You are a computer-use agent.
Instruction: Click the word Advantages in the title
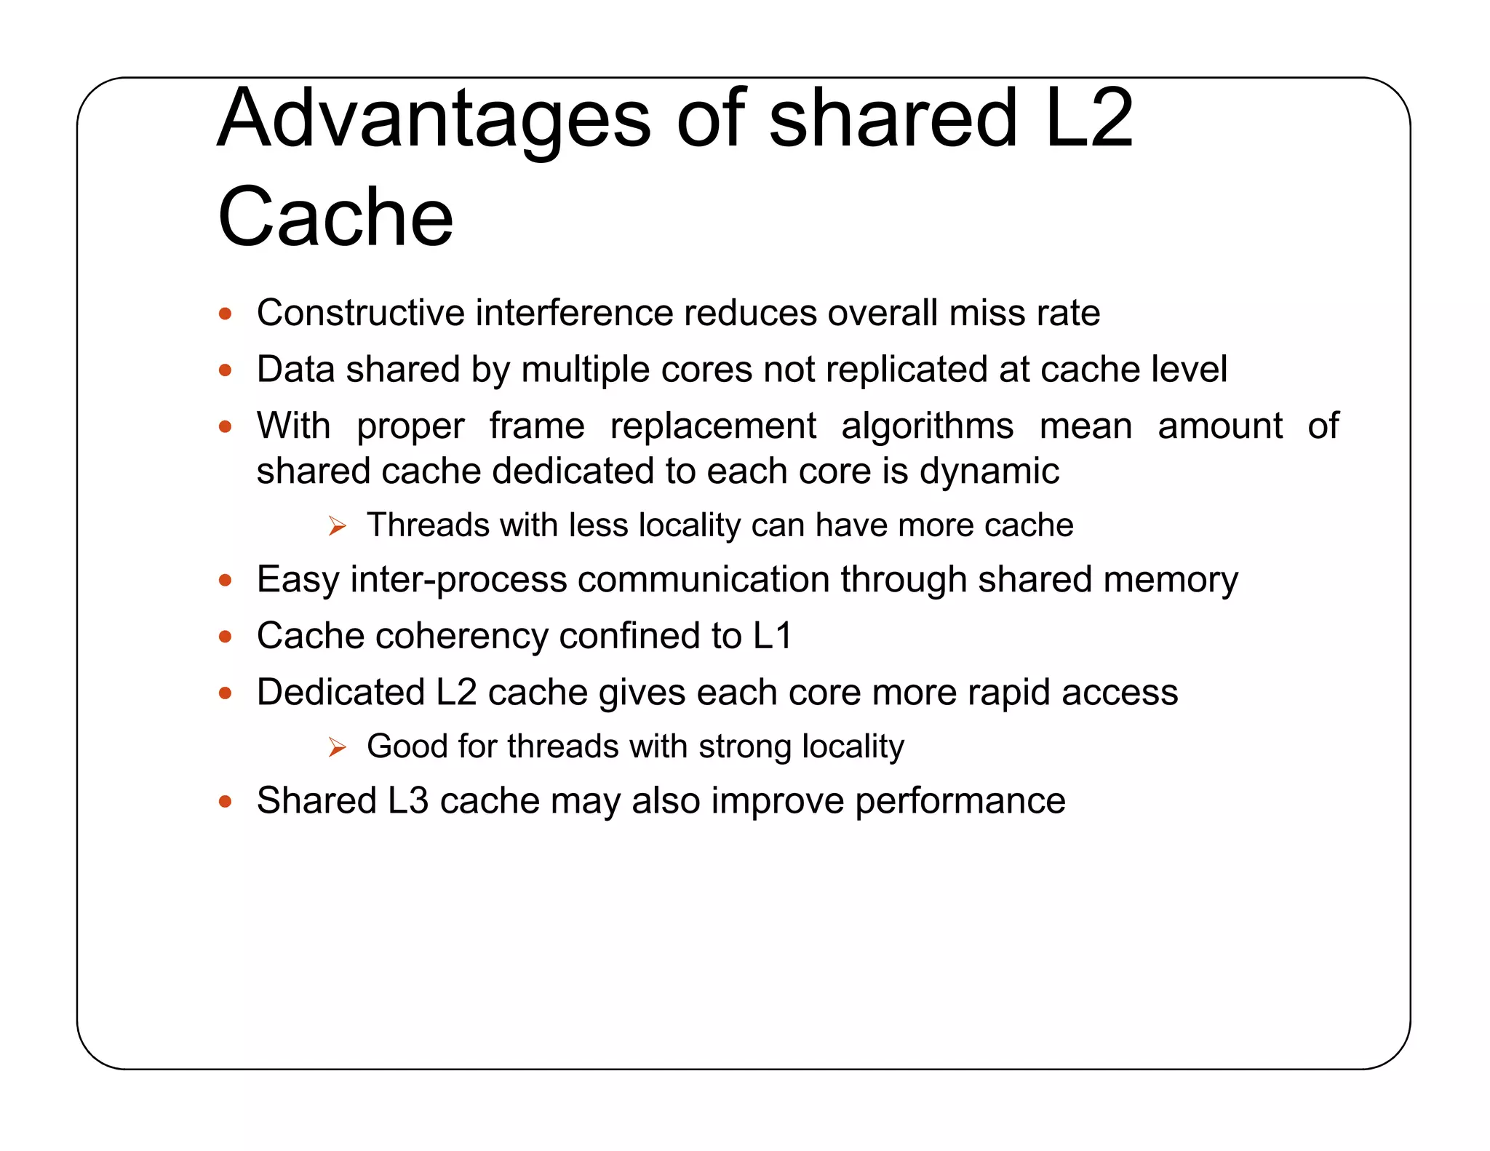point(434,119)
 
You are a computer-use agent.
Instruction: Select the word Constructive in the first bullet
point(360,313)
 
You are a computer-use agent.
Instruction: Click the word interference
point(574,313)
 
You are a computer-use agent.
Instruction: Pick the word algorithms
point(927,426)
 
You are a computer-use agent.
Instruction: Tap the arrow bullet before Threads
point(337,525)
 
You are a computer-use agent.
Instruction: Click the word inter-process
point(458,580)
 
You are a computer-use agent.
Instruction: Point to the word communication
point(704,580)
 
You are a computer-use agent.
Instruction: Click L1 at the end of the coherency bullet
point(772,636)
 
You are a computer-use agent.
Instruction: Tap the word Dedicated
point(340,692)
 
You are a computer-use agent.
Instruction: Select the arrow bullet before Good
point(337,746)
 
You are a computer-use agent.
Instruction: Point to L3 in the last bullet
point(407,801)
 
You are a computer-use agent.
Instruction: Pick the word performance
point(960,801)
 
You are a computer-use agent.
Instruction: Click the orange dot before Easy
point(226,581)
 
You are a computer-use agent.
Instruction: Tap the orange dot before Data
point(226,370)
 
